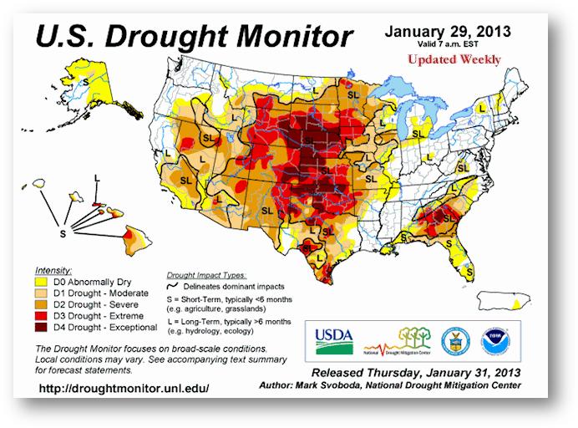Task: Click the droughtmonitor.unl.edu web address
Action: [x=123, y=389]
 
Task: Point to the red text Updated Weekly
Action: [x=454, y=59]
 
